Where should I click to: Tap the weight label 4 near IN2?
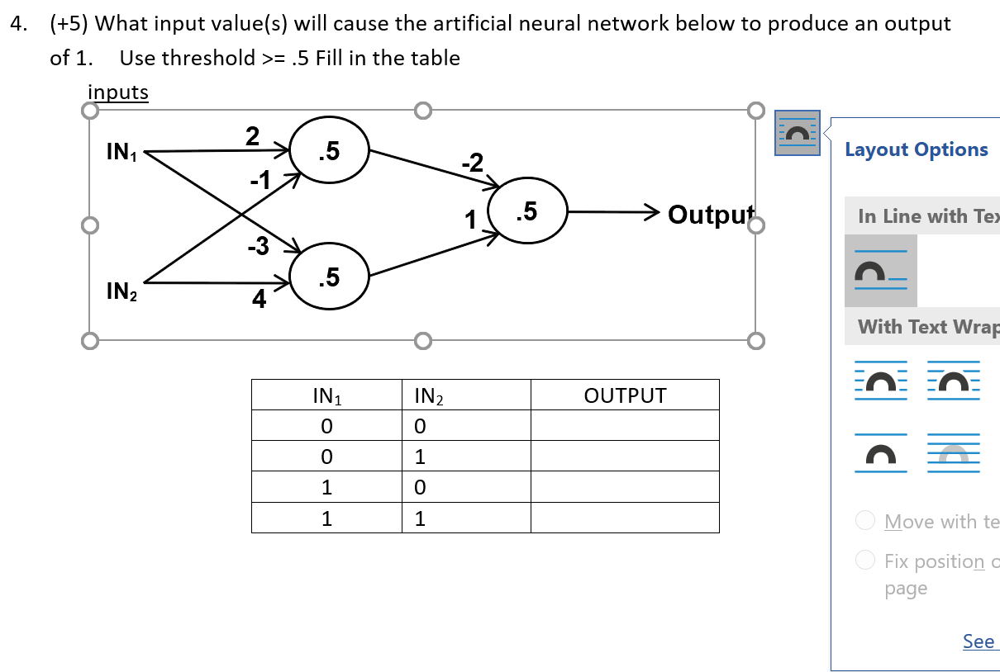pos(259,300)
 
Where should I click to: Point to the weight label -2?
pos(473,162)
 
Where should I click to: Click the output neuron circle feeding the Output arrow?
pos(527,212)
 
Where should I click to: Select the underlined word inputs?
pos(118,92)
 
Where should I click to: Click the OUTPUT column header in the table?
pos(625,395)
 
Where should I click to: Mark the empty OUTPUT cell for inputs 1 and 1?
pos(625,518)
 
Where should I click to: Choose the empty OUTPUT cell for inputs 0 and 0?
pos(625,427)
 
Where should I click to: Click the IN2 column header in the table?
pos(428,396)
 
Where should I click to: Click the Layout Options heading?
pos(916,149)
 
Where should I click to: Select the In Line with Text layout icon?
pos(880,271)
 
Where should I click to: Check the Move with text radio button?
pos(865,521)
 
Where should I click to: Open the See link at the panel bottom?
pos(978,641)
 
